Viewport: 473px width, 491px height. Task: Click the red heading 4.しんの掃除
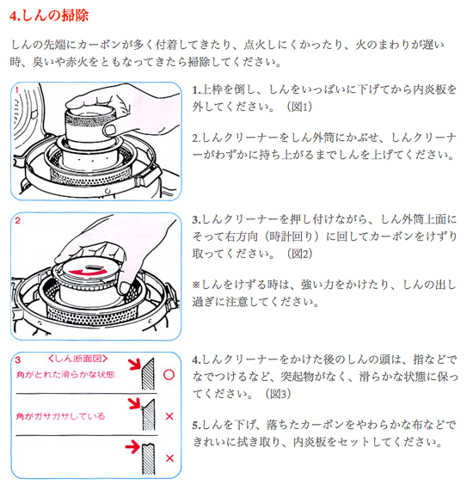51,15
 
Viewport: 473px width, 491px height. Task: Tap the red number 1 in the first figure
18,89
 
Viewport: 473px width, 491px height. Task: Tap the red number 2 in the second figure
18,220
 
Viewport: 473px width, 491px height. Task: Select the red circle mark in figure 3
169,375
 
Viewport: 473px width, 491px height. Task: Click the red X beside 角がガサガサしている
169,416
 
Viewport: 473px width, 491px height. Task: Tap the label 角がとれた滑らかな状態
63,373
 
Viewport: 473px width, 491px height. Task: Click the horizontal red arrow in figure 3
130,447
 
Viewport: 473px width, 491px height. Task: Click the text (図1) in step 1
296,107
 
